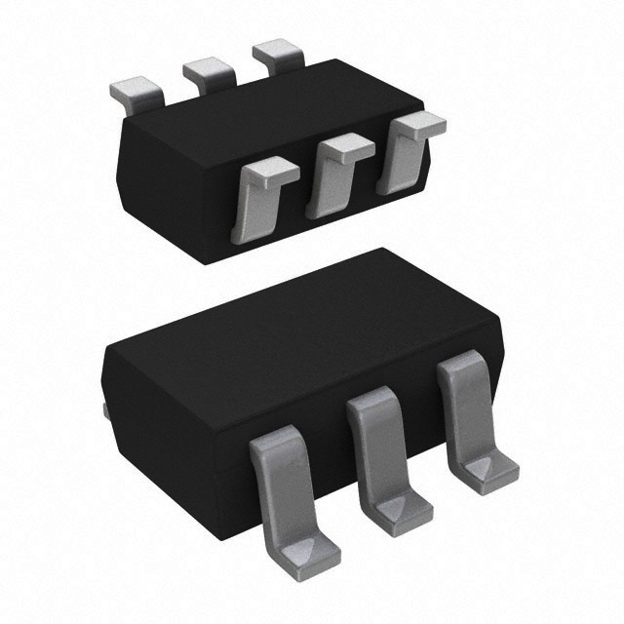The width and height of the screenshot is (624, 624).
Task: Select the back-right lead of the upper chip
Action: pyautogui.click(x=278, y=57)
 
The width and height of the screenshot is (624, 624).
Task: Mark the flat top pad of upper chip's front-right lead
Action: pyautogui.click(x=416, y=124)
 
